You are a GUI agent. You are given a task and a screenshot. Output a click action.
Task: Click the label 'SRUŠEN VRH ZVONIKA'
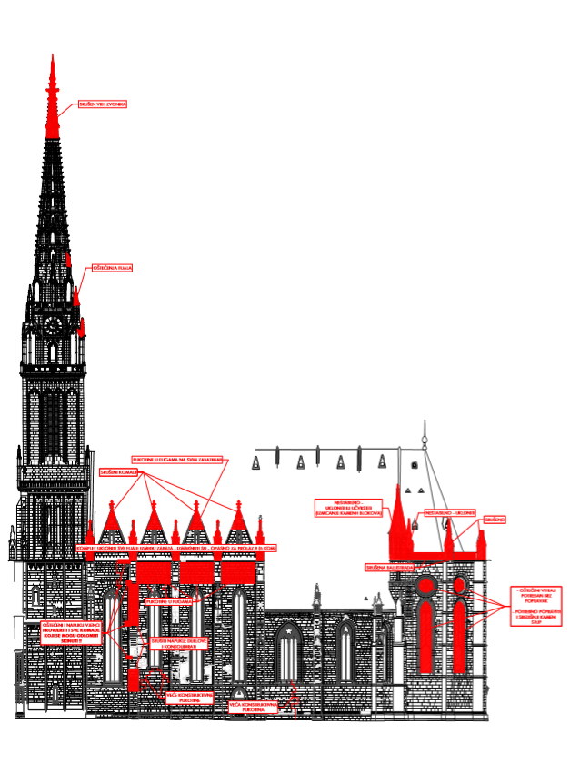click(103, 104)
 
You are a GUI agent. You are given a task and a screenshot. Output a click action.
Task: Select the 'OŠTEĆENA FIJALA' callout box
click(113, 269)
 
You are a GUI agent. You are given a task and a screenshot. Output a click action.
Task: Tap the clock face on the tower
click(52, 323)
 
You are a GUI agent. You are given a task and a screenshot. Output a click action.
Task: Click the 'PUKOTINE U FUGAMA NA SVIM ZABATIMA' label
click(177, 460)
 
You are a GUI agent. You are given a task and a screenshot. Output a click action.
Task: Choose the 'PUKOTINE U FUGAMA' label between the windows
click(168, 600)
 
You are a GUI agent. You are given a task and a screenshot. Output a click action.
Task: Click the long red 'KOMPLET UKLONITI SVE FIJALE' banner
click(182, 549)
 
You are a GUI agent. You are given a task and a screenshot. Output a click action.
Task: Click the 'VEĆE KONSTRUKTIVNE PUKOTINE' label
click(189, 698)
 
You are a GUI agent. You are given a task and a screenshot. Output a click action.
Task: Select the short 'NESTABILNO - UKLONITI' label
click(449, 512)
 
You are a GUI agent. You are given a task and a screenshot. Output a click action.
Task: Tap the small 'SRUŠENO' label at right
click(495, 519)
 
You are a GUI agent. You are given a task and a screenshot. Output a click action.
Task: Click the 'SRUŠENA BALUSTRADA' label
click(390, 567)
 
